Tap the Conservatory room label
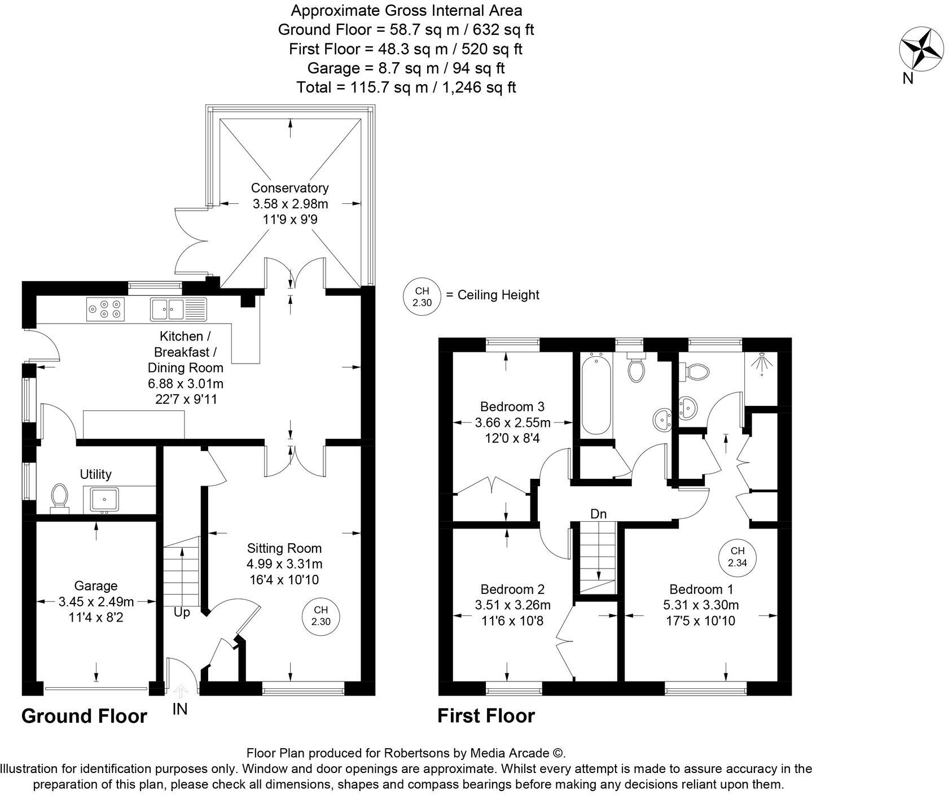pyautogui.click(x=289, y=188)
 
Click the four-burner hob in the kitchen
pyautogui.click(x=105, y=309)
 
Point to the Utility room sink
pyautogui.click(x=104, y=499)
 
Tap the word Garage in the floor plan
pyautogui.click(x=95, y=586)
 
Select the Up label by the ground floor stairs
pyautogui.click(x=182, y=612)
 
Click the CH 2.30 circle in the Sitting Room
pyautogui.click(x=321, y=616)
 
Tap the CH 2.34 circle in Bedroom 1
pyautogui.click(x=737, y=557)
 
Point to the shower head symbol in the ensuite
pyautogui.click(x=762, y=362)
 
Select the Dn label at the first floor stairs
pyautogui.click(x=598, y=514)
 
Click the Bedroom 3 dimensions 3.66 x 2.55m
pyautogui.click(x=512, y=422)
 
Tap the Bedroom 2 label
pyautogui.click(x=512, y=589)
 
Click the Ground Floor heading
pyautogui.click(x=84, y=716)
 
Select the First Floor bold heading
pyautogui.click(x=486, y=715)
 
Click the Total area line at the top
pyautogui.click(x=406, y=88)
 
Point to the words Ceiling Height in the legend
pyautogui.click(x=498, y=295)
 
